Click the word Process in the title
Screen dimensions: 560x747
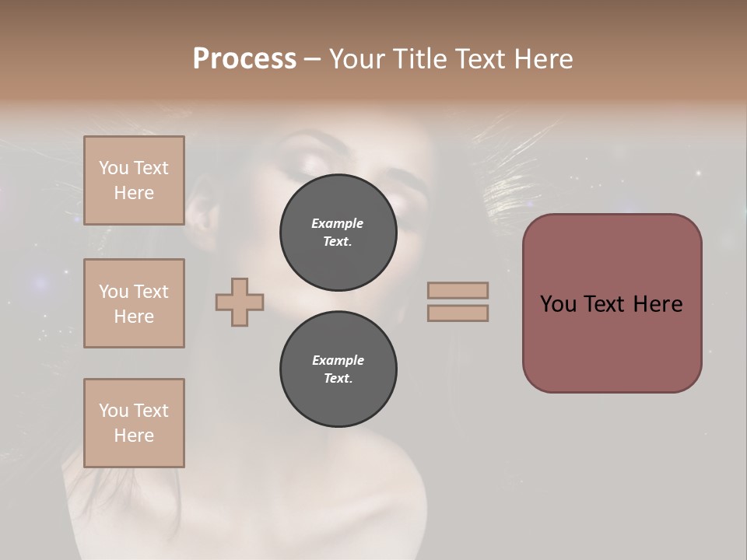[x=244, y=59]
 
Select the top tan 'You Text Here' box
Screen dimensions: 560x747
[x=134, y=180]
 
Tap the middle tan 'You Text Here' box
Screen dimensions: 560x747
[x=134, y=303]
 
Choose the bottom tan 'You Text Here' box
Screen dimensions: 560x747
[x=134, y=423]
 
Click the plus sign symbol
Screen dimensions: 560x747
[x=240, y=302]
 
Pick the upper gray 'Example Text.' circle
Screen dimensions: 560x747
[x=338, y=233]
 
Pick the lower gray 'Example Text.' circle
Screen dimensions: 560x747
[x=338, y=369]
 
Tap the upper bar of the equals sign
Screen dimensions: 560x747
[x=458, y=290]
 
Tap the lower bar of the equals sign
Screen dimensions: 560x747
[x=458, y=313]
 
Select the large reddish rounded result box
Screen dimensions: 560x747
[x=612, y=303]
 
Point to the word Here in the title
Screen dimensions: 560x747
[x=543, y=59]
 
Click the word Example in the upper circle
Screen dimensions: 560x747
[x=338, y=223]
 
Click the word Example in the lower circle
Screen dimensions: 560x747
[x=338, y=360]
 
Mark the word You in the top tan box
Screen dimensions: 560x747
[x=113, y=168]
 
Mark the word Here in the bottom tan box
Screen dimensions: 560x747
[x=134, y=436]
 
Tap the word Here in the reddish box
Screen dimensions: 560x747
[x=658, y=304]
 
